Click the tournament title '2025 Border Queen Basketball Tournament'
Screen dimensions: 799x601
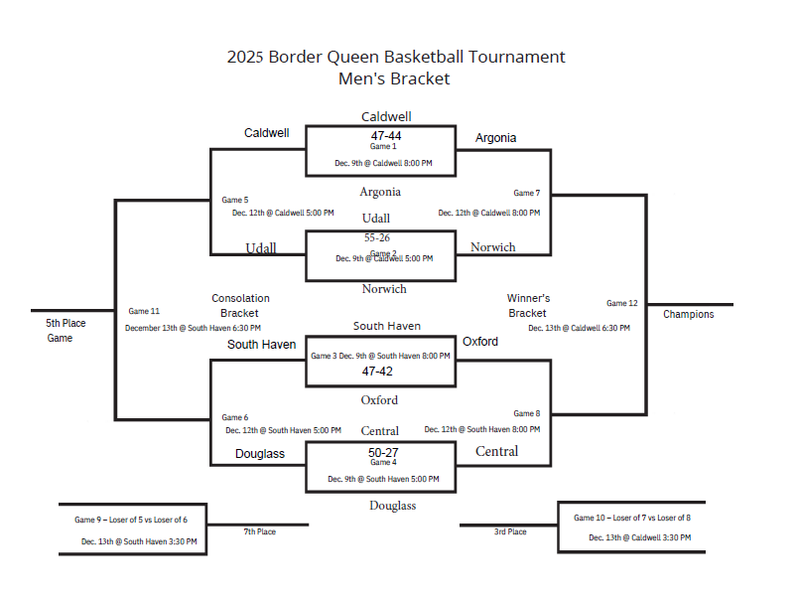395,57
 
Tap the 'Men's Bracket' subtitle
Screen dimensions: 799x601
394,78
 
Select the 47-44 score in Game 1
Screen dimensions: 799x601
386,135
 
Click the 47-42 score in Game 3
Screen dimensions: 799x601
377,371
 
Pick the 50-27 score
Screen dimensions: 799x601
383,452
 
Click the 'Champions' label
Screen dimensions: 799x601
689,315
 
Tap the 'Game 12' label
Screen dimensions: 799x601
622,303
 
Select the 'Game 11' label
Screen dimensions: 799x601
144,312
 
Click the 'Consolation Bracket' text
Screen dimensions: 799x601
240,306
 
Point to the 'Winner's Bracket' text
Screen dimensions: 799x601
528,306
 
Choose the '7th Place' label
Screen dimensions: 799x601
259,532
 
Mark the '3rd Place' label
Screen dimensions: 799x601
510,532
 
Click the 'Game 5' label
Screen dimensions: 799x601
235,200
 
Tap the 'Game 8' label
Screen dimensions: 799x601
526,413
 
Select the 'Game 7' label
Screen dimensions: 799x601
526,193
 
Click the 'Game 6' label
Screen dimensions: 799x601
235,417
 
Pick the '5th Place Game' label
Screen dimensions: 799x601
66,331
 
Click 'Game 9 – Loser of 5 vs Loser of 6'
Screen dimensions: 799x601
130,520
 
